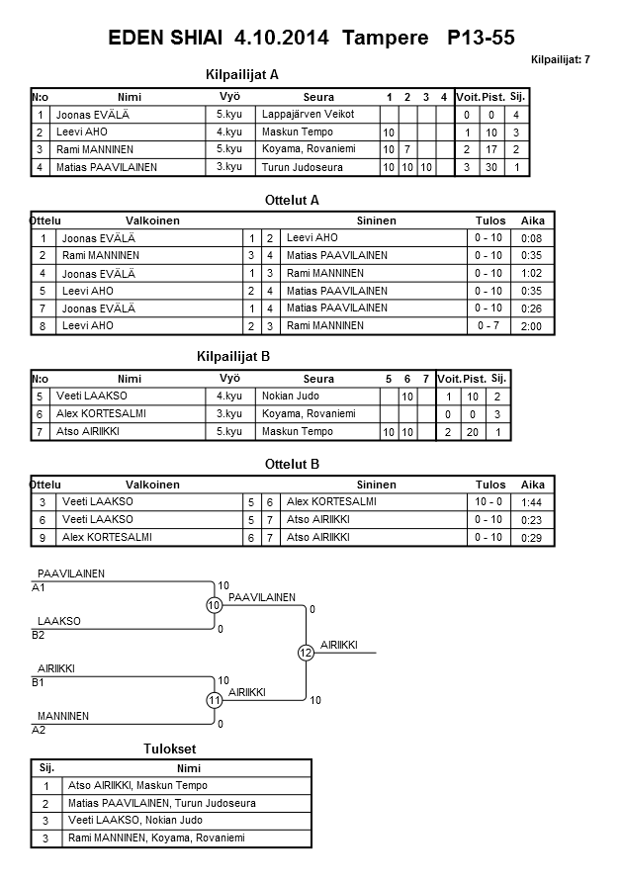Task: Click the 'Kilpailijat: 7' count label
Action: click(561, 60)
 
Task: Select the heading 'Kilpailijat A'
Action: click(242, 75)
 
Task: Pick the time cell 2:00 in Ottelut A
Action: click(531, 326)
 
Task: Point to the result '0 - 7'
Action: click(488, 326)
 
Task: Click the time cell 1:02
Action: click(531, 273)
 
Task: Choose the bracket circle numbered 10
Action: click(214, 604)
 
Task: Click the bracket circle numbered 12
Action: click(306, 653)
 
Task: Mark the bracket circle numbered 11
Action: click(214, 700)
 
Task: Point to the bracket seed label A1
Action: click(39, 587)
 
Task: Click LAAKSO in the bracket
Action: click(58, 621)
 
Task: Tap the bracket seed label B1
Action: click(39, 682)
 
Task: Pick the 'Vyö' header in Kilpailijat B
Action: click(229, 379)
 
